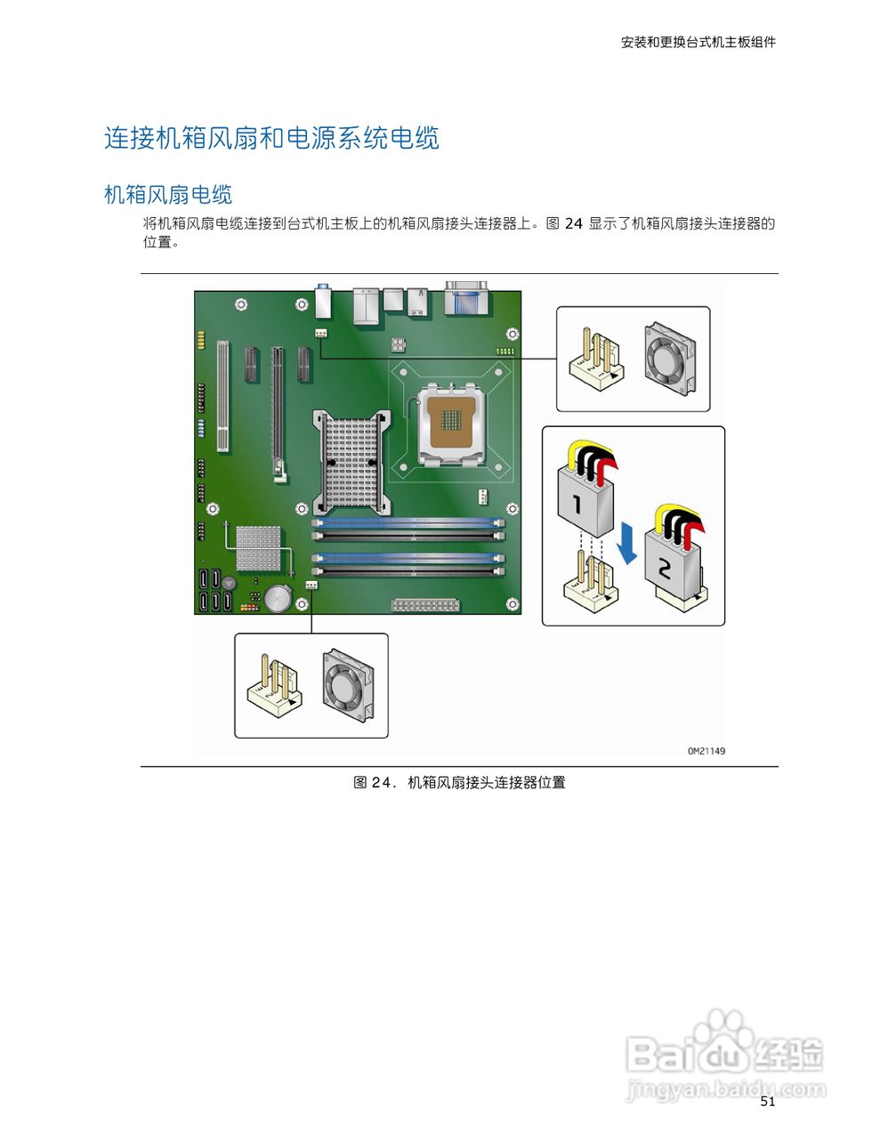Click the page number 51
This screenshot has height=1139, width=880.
pyautogui.click(x=768, y=1102)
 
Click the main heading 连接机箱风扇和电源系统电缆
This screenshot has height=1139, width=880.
pyautogui.click(x=271, y=139)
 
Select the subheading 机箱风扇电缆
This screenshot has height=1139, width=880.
pyautogui.click(x=168, y=195)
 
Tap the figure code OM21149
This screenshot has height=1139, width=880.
pyautogui.click(x=706, y=751)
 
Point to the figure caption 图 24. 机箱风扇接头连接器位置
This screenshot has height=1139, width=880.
pyautogui.click(x=459, y=783)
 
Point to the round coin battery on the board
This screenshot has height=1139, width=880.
pyautogui.click(x=278, y=599)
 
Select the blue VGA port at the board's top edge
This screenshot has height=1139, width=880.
pyautogui.click(x=467, y=297)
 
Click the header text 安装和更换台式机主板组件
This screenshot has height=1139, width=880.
pyautogui.click(x=698, y=42)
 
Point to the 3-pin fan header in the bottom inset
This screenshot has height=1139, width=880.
pyautogui.click(x=274, y=687)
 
